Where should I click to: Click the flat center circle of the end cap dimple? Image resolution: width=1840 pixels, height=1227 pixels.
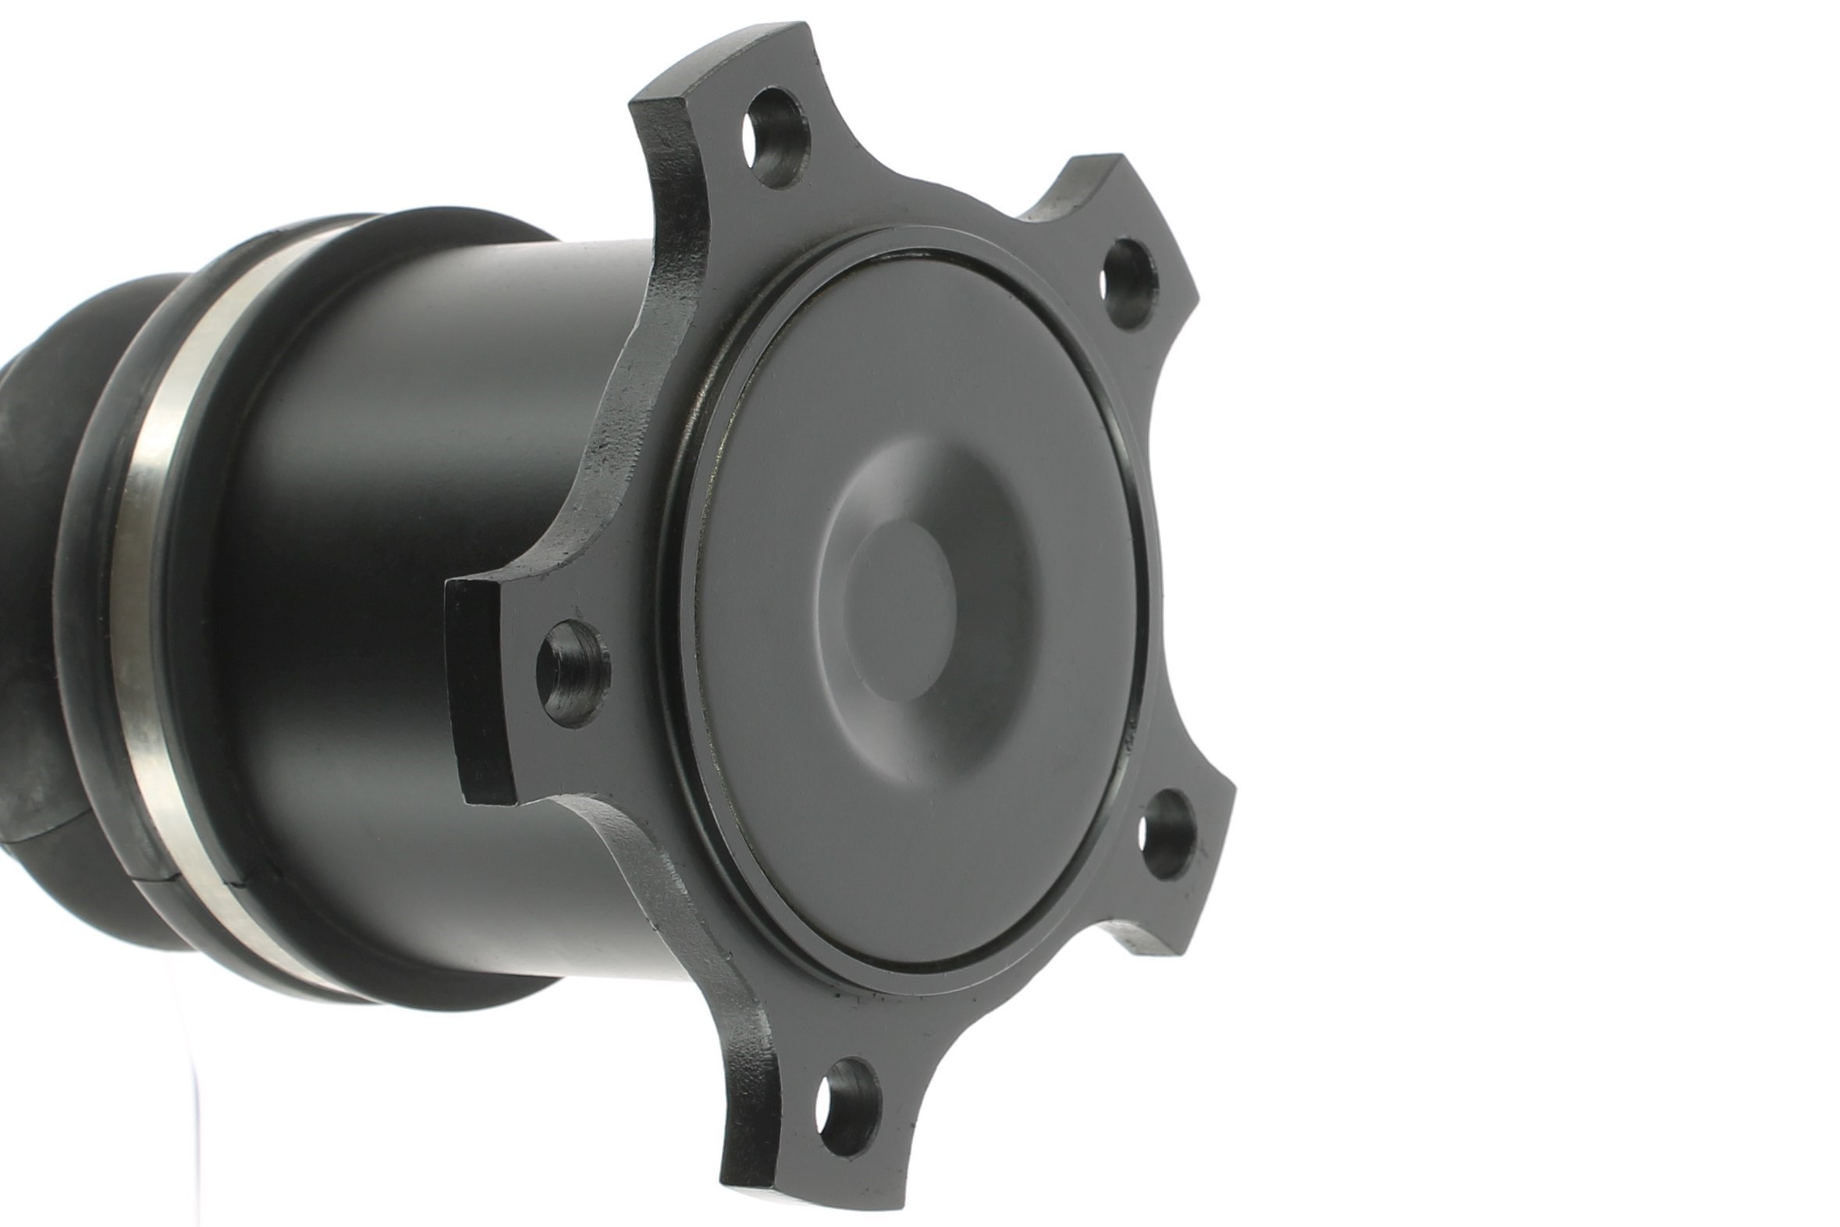click(900, 610)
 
